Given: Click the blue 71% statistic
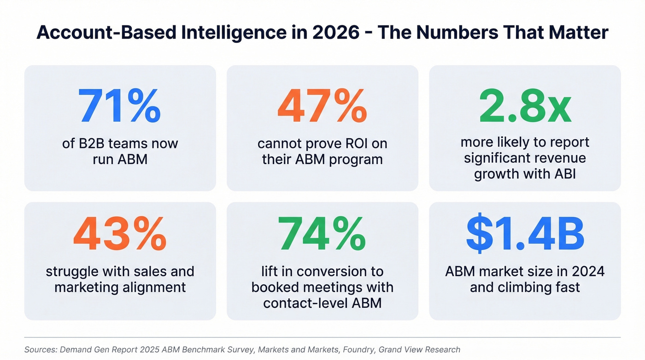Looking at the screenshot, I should pos(119,106).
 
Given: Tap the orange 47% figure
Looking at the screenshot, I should pos(322,106).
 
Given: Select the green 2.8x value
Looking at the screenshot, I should pos(525,106).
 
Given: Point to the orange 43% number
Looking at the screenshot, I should pos(119,234).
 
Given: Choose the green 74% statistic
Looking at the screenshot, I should pos(322,234).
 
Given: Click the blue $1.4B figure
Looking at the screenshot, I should pos(525,234).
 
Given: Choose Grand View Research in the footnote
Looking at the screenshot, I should pos(419,350).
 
